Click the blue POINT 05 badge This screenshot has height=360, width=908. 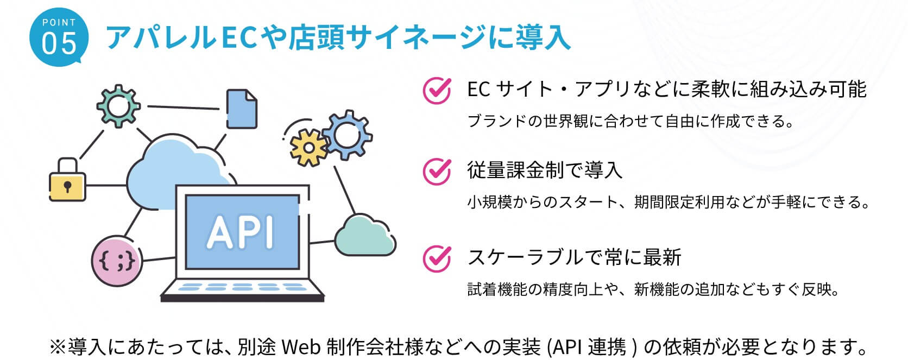(58, 37)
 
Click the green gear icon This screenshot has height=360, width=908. (118, 105)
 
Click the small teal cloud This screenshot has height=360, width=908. (365, 236)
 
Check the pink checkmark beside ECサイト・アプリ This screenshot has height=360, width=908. (437, 90)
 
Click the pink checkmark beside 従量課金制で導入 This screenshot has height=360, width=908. (437, 171)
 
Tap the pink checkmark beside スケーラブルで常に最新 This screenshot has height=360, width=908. (437, 257)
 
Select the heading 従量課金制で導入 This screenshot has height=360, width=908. (544, 170)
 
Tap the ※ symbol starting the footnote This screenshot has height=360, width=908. (58, 346)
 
